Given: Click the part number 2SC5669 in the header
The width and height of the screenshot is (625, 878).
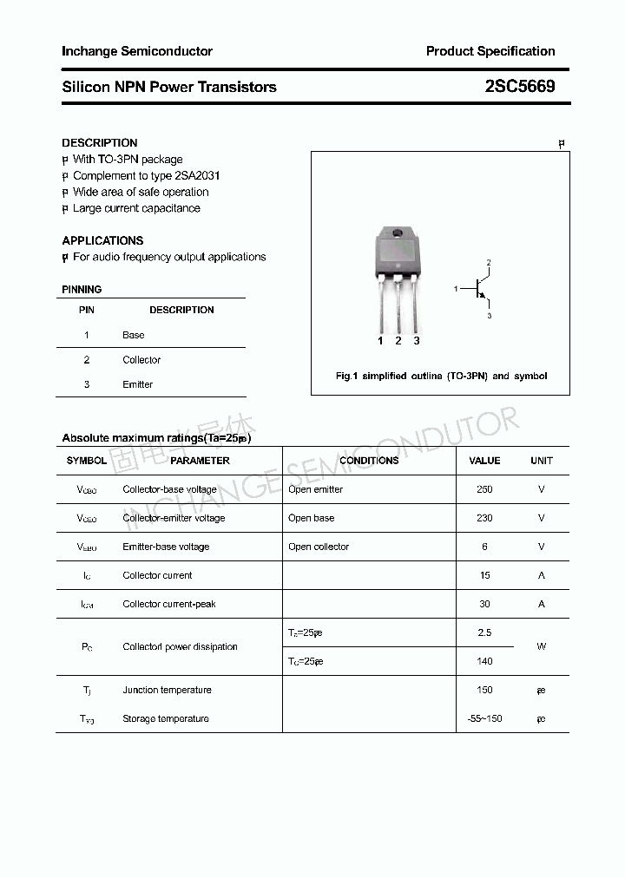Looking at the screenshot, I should [x=520, y=87].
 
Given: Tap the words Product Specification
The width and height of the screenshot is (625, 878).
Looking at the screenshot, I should [x=490, y=51].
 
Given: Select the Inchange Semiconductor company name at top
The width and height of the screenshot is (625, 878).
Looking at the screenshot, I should [x=137, y=51].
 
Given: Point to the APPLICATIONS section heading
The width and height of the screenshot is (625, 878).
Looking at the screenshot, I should [x=102, y=240].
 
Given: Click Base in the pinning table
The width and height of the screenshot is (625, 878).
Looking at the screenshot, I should [x=134, y=335].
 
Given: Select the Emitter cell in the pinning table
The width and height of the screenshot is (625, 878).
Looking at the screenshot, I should [x=137, y=384].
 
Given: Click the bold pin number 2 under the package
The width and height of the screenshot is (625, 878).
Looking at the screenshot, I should [x=398, y=341].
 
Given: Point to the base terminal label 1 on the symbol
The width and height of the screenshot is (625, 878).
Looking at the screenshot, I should [x=456, y=289].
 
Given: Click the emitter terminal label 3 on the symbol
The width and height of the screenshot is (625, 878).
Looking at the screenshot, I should [x=489, y=317].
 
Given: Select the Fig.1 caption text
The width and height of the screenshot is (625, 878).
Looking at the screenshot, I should [x=441, y=377].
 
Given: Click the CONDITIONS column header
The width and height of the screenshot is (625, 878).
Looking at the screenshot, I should [x=369, y=461].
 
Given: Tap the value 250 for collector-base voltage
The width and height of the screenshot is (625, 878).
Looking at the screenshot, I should [x=484, y=489].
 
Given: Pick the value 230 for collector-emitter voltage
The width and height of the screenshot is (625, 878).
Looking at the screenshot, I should [x=484, y=518].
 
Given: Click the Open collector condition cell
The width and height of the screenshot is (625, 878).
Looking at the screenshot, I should [x=319, y=547].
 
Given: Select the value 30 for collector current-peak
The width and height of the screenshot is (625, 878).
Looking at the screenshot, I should [x=484, y=604].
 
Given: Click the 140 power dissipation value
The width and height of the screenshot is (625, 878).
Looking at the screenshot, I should [x=484, y=661].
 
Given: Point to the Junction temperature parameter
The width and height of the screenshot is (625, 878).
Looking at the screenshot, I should [x=167, y=690].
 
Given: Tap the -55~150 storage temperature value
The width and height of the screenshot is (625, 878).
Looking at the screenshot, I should [x=484, y=718].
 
